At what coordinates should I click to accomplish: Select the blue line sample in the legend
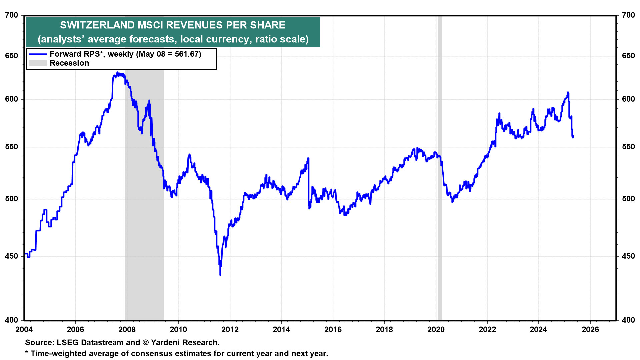point(37,54)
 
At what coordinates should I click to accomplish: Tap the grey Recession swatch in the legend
point(37,63)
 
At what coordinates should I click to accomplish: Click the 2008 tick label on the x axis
point(127,330)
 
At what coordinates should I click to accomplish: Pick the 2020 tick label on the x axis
point(436,330)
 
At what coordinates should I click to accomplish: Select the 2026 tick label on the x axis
point(590,330)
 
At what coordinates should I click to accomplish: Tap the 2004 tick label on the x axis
point(24,330)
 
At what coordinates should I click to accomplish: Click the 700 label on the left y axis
point(12,15)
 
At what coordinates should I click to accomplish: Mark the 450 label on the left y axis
point(12,256)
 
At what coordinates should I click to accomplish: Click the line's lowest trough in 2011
point(220,275)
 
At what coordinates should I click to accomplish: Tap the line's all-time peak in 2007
point(117,72)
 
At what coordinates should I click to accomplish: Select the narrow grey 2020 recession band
point(440,167)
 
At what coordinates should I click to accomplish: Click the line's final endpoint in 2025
point(573,137)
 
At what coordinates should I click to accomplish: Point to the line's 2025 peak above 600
point(568,92)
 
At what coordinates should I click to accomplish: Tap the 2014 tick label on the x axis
point(281,330)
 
